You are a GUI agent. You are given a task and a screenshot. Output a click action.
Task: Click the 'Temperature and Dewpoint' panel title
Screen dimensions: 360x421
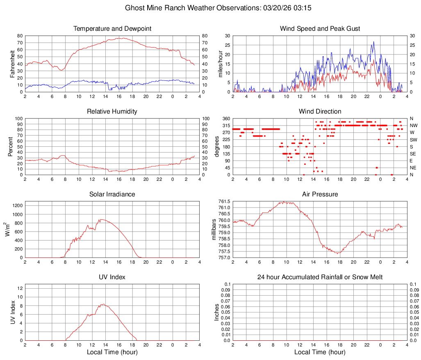112,29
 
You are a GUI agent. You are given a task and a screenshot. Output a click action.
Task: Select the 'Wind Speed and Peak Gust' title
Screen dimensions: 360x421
320,29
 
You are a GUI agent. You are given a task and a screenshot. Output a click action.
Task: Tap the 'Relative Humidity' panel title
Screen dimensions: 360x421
112,112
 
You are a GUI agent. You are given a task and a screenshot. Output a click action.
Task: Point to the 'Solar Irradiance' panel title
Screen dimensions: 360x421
112,194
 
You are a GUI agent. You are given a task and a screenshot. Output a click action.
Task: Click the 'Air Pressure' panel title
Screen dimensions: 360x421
320,194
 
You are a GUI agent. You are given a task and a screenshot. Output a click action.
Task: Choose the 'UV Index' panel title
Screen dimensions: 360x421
112,277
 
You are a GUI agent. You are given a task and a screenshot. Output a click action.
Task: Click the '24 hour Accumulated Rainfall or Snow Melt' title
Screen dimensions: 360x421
320,277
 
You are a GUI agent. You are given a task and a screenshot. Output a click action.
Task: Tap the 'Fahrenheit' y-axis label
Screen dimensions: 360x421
12,64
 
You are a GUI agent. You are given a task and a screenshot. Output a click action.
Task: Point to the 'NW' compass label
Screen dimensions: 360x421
414,125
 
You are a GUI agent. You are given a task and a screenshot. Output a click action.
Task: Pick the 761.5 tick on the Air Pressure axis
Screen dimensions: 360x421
224,201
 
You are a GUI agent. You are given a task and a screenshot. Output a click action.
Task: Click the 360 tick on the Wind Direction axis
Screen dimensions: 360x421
226,118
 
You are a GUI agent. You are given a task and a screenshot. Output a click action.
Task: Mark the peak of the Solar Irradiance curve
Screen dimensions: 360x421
102,219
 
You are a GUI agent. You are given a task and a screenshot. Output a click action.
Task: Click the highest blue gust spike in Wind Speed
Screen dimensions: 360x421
373,41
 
